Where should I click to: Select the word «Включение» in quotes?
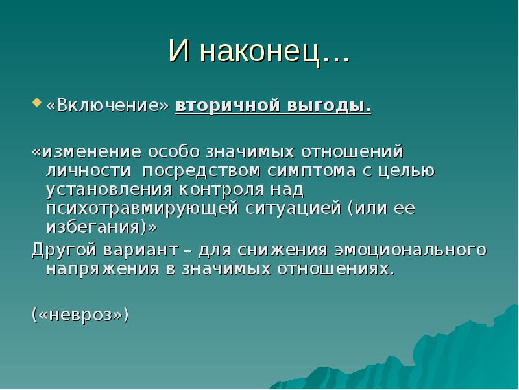[x=107, y=106]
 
